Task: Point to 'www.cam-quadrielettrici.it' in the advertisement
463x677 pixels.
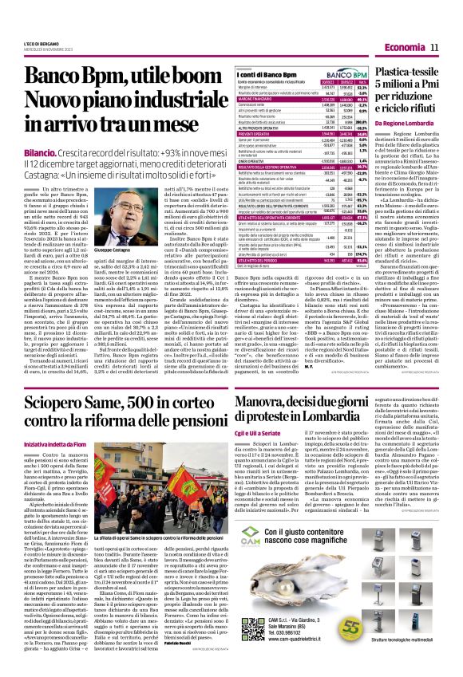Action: point(319,628)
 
